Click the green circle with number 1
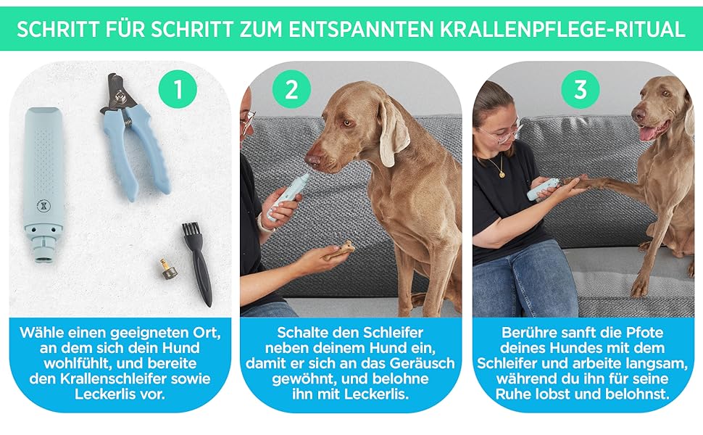pyautogui.click(x=178, y=88)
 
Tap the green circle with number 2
pyautogui.click(x=292, y=88)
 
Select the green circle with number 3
pyautogui.click(x=581, y=88)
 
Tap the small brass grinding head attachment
pyautogui.click(x=167, y=269)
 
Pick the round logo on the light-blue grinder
pyautogui.click(x=45, y=206)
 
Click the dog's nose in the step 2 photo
pyautogui.click(x=313, y=160)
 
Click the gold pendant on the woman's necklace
pyautogui.click(x=502, y=173)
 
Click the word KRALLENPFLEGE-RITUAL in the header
pyautogui.click(x=562, y=30)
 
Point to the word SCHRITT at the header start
pyautogui.click(x=58, y=30)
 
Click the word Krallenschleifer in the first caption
pyautogui.click(x=105, y=378)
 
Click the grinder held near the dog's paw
pyautogui.click(x=543, y=188)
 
